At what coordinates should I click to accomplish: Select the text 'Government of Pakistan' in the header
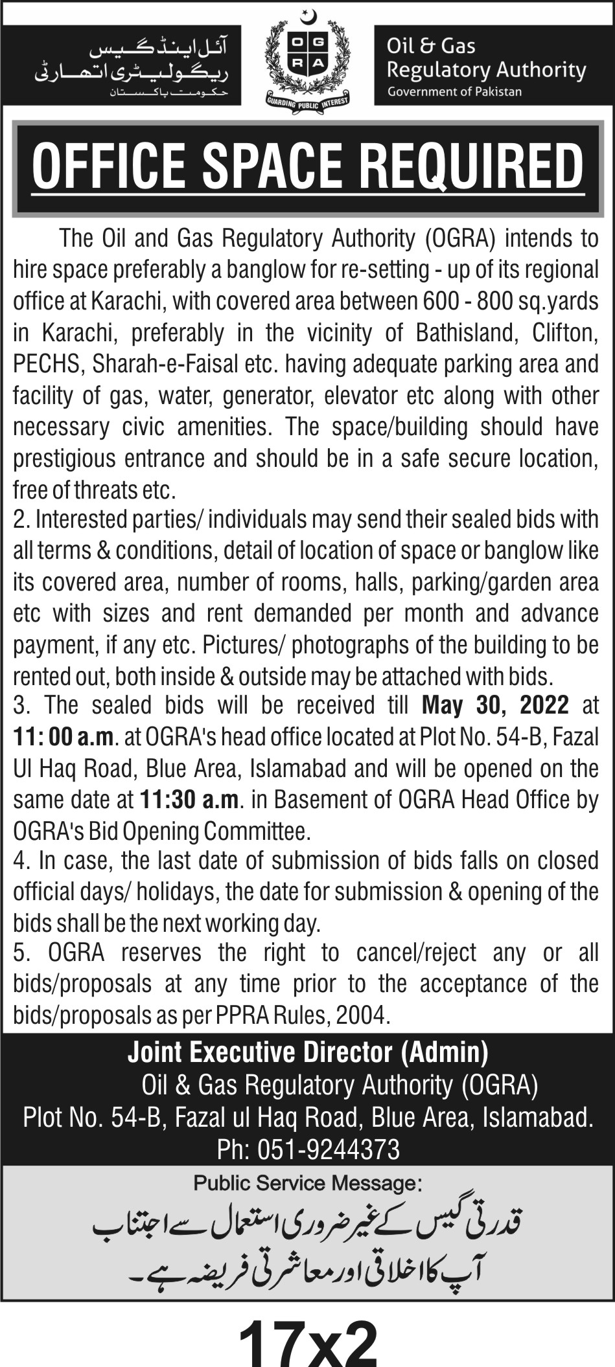[454, 91]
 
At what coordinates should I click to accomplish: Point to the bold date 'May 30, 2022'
[495, 705]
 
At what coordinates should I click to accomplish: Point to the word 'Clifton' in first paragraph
[563, 333]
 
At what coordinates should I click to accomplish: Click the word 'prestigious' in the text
[64, 458]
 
